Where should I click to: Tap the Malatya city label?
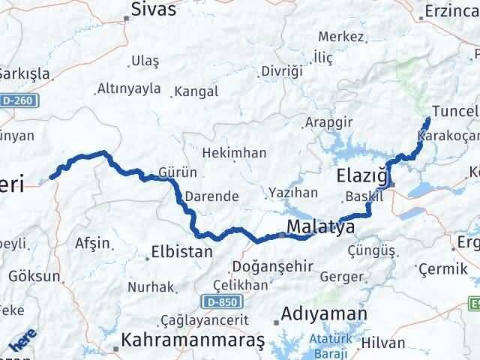(x=320, y=226)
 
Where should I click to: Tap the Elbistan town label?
(x=181, y=252)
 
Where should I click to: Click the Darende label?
(x=213, y=196)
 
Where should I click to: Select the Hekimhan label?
(x=234, y=152)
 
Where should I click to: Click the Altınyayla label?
(x=129, y=88)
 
